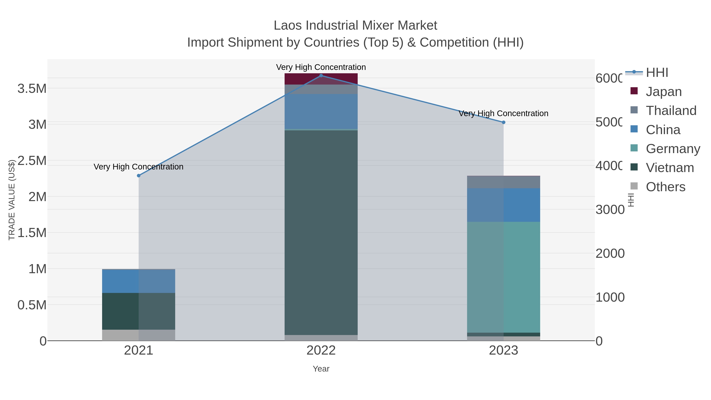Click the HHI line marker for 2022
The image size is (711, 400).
click(321, 75)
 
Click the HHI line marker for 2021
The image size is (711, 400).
click(139, 176)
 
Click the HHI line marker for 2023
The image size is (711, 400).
click(503, 122)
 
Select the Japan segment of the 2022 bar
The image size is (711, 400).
click(321, 79)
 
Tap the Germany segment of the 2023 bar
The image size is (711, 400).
click(503, 277)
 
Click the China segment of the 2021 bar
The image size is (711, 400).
click(139, 281)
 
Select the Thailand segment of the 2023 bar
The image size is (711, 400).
click(503, 182)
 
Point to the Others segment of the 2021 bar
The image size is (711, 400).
click(139, 335)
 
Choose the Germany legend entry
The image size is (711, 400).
click(672, 149)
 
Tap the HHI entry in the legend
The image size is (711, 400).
click(657, 73)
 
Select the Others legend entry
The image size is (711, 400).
click(665, 187)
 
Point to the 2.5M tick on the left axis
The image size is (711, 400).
click(32, 161)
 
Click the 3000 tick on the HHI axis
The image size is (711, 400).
click(610, 210)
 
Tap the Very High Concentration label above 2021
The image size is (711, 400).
click(139, 167)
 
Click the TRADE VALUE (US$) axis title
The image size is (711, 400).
click(12, 200)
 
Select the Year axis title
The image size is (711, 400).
click(321, 369)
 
